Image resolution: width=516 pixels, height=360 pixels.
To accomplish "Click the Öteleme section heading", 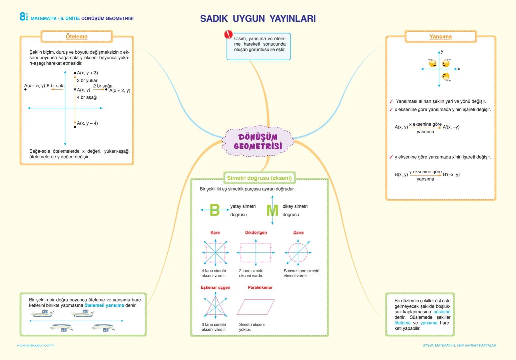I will [76, 37].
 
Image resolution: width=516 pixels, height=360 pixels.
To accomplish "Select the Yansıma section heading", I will [440, 37].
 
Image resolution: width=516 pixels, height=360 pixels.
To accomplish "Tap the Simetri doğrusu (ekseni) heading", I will [259, 178].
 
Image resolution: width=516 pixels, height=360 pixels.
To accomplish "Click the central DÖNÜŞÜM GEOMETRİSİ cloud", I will [258, 141].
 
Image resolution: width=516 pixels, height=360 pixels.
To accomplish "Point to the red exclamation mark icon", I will [229, 34].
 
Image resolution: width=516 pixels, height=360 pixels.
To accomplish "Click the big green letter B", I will [215, 210].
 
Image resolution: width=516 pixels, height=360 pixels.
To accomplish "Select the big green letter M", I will [272, 210].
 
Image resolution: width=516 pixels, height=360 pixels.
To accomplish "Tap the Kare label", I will [215, 232].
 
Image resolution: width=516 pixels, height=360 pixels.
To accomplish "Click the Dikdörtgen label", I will [256, 232].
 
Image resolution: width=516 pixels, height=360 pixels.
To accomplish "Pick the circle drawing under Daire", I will [298, 253].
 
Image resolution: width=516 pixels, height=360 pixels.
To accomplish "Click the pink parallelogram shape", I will [256, 307].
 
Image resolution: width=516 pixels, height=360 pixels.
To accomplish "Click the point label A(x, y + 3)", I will [87, 73].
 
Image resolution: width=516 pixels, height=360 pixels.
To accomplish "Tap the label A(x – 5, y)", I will [35, 86].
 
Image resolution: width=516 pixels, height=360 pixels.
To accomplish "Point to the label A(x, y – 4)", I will [87, 123].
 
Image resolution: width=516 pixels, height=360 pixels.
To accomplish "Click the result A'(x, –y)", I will [451, 127].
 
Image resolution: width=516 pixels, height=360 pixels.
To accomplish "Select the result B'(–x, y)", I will [451, 174].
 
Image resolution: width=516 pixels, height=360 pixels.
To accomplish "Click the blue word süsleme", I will [442, 312].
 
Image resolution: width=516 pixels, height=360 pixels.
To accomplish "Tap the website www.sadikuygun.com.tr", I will [36, 345].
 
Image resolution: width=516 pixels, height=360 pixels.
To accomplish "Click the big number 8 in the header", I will [23, 17].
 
